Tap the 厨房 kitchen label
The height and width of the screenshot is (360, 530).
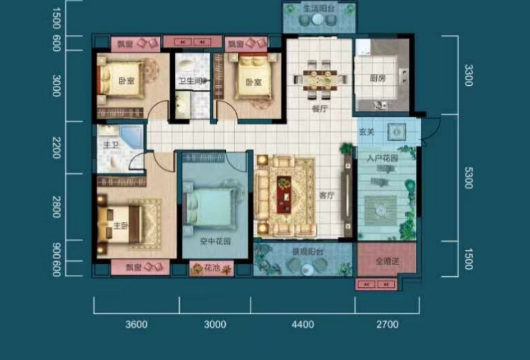click(378, 78)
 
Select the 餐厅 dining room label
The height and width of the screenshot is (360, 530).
click(319, 109)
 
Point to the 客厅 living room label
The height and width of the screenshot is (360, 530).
click(326, 195)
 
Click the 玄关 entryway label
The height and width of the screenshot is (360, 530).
click(366, 131)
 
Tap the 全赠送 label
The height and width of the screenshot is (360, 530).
click(387, 261)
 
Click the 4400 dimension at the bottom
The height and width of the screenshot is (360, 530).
click(302, 324)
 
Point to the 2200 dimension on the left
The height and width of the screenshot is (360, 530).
click(57, 147)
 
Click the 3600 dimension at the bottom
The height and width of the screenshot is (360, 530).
click(137, 324)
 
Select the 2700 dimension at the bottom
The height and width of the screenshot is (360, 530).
click(387, 324)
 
